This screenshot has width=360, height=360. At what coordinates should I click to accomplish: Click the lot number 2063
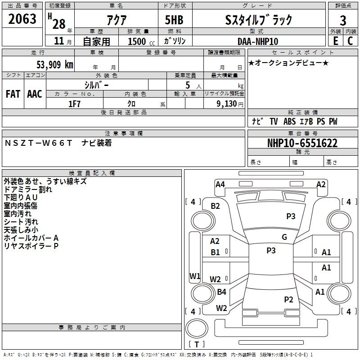[22, 19]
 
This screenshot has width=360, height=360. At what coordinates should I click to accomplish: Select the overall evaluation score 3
[343, 20]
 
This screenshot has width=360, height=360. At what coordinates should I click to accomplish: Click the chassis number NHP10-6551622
[302, 143]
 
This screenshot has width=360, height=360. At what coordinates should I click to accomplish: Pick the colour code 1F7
[74, 103]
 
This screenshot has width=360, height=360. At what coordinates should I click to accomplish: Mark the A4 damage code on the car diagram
[220, 184]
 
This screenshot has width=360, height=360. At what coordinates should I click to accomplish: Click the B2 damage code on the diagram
[216, 206]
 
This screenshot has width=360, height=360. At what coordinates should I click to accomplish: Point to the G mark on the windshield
[284, 237]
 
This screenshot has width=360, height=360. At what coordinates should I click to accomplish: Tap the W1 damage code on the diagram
[194, 276]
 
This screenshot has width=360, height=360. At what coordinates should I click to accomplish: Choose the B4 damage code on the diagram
[221, 292]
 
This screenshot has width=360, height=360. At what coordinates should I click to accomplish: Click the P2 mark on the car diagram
[288, 299]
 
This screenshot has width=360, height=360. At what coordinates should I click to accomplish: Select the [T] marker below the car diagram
[197, 344]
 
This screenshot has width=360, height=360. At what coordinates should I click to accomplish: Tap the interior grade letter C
[350, 41]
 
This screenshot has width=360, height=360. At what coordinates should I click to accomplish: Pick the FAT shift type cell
[13, 94]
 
